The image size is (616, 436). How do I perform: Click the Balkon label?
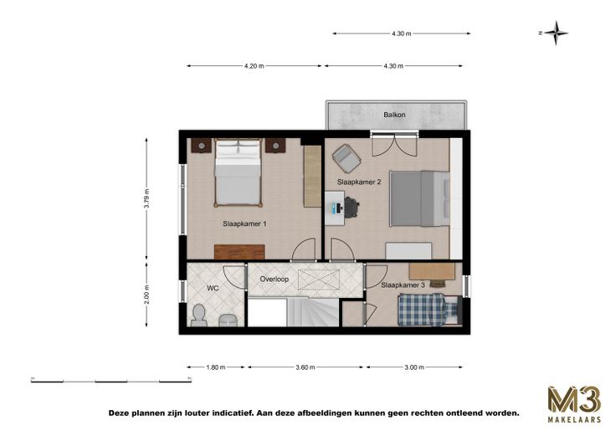coord(394,115)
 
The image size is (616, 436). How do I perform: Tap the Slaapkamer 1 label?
coord(244,224)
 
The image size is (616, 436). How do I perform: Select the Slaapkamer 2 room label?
coord(359,182)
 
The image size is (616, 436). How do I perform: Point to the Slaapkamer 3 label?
coord(403,285)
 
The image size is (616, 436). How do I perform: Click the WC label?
coord(213,289)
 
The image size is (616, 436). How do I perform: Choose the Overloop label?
coord(275,280)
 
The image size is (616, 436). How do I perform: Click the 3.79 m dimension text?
coord(147,199)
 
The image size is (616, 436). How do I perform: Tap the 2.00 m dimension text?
coord(147,295)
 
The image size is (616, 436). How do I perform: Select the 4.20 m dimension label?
coord(254,66)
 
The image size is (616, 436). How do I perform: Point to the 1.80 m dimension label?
coord(216,367)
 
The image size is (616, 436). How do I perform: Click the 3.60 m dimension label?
coord(305,367)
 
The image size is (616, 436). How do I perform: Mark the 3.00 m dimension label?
coord(414,367)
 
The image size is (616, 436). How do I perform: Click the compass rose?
coord(555,33)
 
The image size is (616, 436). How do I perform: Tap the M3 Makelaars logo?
coord(574,404)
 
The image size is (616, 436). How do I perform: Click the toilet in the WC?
coord(199,315)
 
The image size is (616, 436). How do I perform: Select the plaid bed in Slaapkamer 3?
coord(429,310)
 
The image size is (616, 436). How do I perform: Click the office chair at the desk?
coord(352,208)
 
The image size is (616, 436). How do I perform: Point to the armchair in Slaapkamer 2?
coord(346,158)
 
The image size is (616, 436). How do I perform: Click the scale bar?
coord(111,380)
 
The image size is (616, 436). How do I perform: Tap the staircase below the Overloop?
coord(313,312)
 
